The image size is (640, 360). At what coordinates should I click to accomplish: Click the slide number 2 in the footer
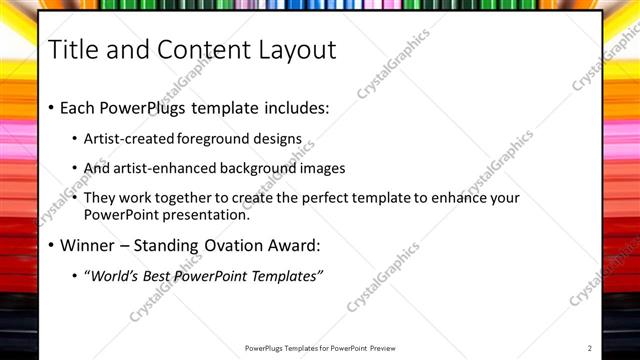tap(590, 348)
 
